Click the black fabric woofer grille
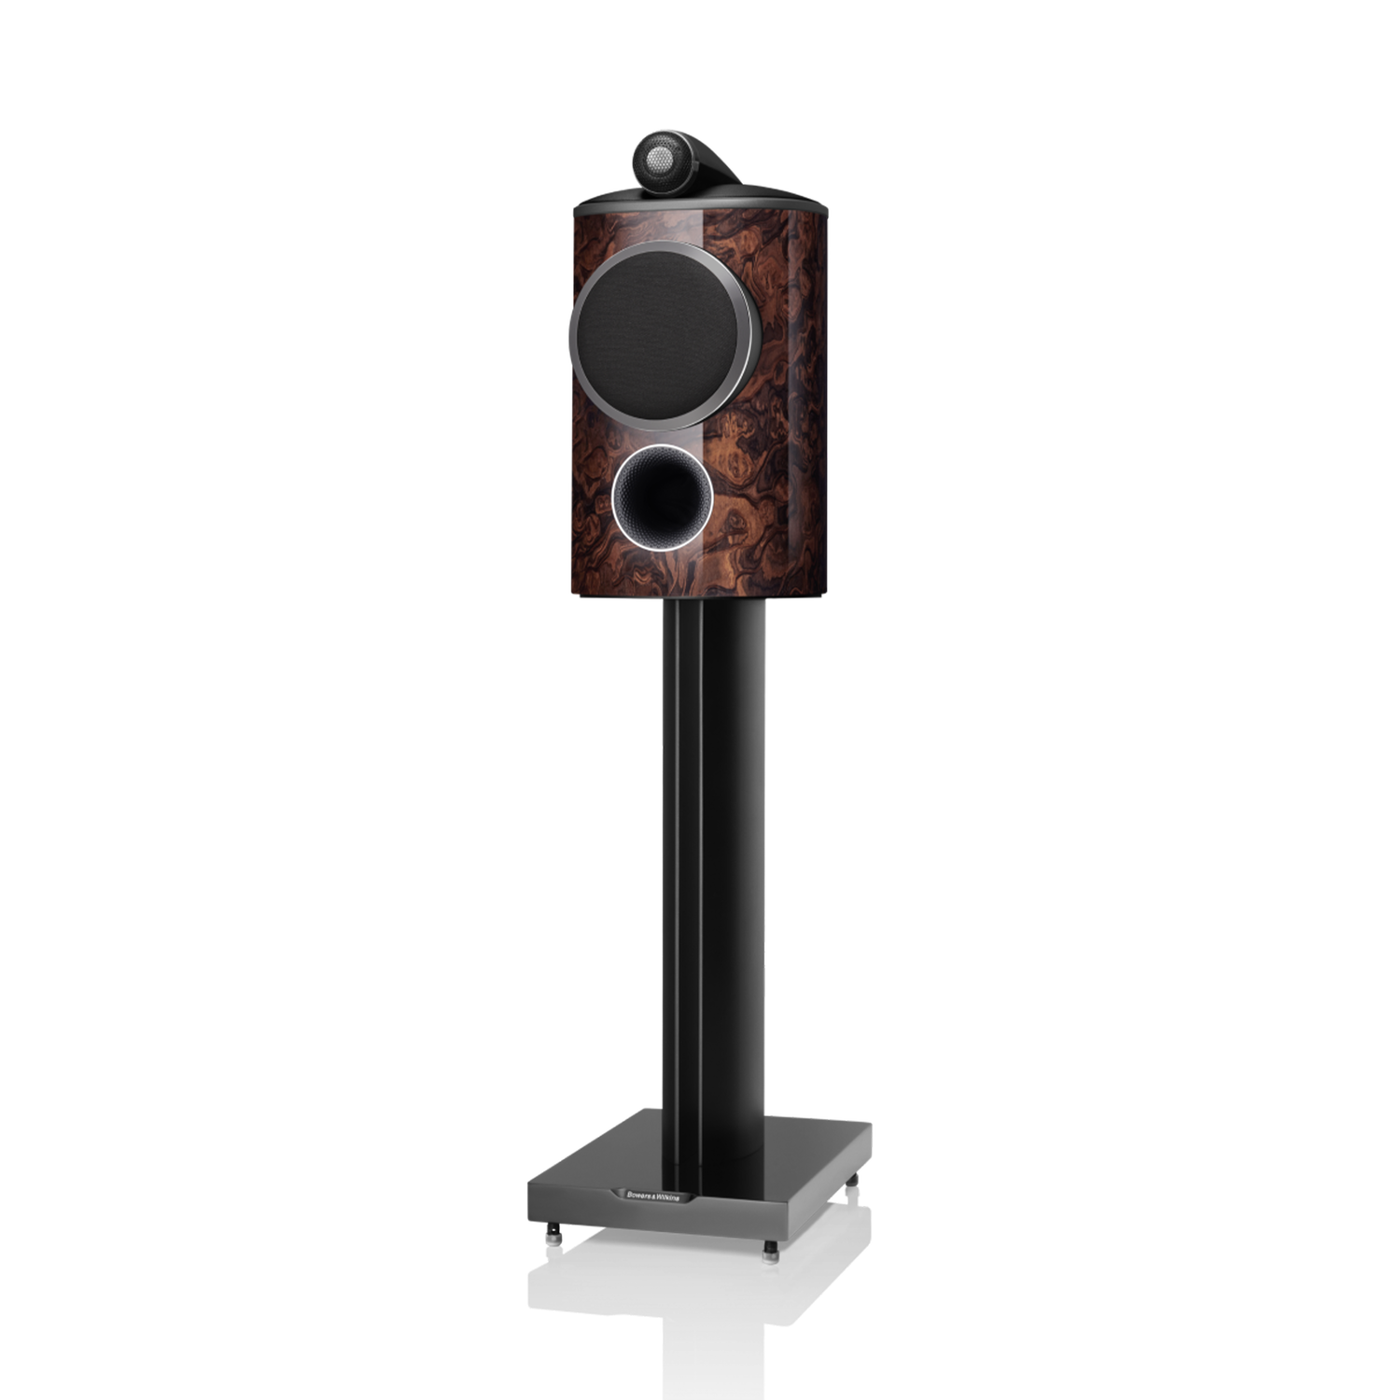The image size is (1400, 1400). coord(661,334)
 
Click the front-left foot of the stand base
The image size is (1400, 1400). coord(554,1234)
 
